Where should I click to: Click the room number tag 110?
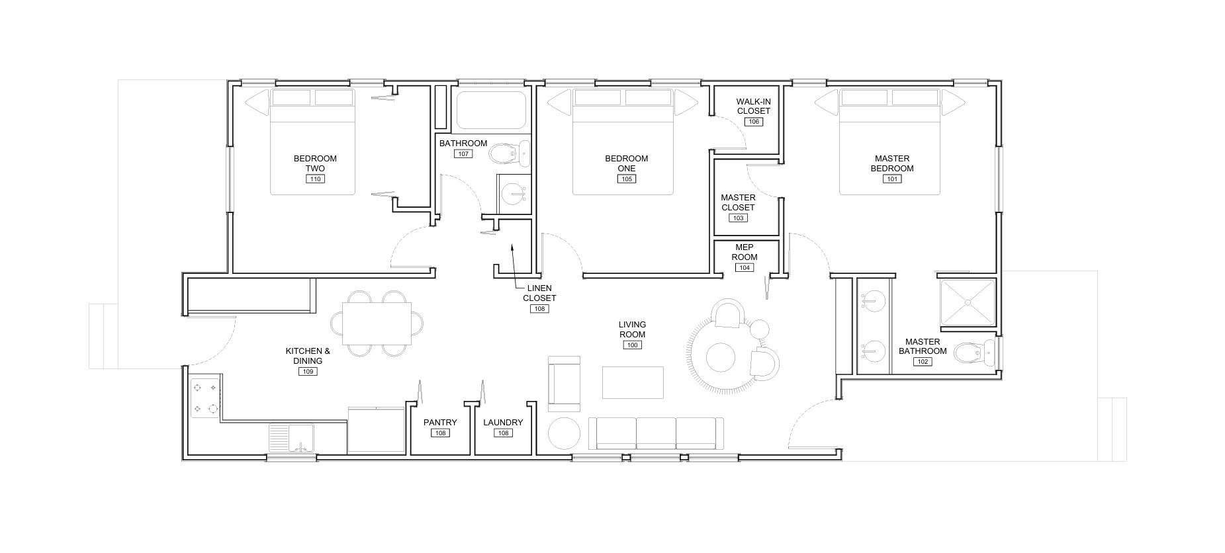315,179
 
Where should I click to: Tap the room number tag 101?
892,179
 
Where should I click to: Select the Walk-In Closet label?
754,106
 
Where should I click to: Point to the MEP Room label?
745,252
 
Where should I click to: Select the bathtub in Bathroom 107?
491,110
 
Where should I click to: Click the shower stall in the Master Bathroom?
968,302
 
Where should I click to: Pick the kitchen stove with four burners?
204,398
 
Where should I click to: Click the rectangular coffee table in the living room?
633,382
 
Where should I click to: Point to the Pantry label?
440,423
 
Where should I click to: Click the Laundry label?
503,423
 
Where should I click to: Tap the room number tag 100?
632,345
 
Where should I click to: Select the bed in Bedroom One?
623,142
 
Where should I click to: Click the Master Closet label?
738,202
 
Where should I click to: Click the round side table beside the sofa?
565,434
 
